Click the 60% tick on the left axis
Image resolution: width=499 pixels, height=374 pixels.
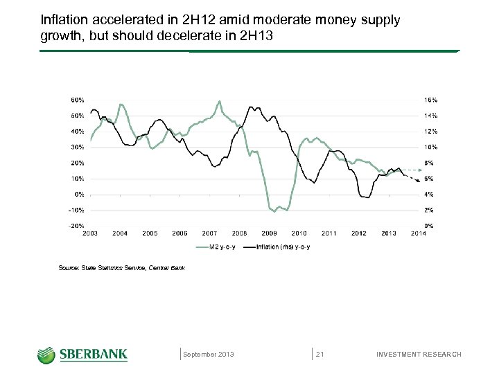[78, 100]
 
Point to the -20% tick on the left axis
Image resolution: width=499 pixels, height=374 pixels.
[77, 226]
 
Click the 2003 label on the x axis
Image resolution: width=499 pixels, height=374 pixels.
[90, 233]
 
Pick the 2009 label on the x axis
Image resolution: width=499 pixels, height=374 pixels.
[270, 233]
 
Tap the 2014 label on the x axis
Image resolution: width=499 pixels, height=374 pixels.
[419, 233]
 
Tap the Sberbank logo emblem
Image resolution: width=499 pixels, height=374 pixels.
[46, 355]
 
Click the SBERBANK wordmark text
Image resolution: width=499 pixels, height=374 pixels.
[93, 355]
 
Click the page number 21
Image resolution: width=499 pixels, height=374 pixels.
[320, 355]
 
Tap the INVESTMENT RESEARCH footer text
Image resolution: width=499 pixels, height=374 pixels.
[418, 355]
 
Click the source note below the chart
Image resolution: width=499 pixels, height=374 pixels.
[123, 267]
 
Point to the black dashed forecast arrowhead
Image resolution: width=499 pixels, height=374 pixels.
[418, 181]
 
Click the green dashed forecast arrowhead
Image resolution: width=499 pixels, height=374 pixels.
[419, 169]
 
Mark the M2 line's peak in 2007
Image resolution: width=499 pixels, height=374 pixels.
[219, 102]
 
